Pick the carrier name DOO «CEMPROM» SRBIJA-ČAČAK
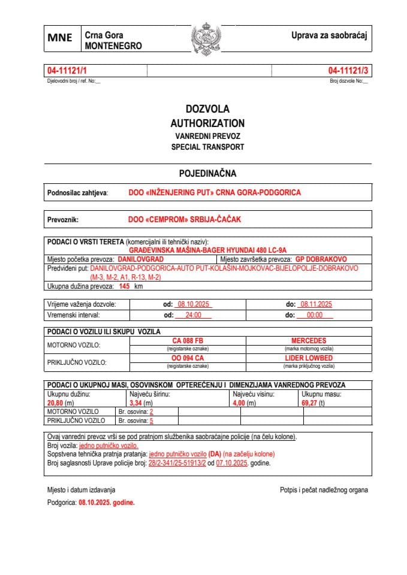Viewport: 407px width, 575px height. pyautogui.click(x=184, y=220)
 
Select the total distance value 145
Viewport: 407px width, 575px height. pyautogui.click(x=124, y=287)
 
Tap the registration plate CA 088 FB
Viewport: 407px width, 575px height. pyautogui.click(x=187, y=341)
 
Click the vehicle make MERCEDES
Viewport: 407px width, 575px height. pyautogui.click(x=309, y=341)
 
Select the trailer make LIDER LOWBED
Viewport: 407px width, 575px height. pyautogui.click(x=309, y=358)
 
